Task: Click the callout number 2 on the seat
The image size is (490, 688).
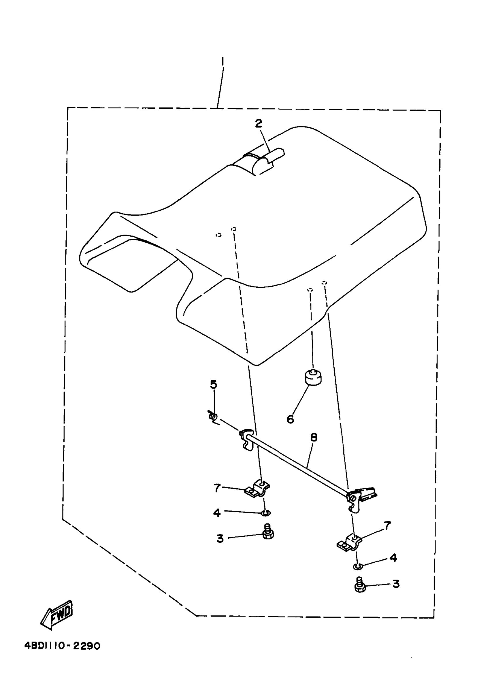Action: (x=258, y=123)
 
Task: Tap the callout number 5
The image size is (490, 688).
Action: (x=213, y=384)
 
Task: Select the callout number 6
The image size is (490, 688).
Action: (x=290, y=419)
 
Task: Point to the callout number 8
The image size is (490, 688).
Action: (x=314, y=437)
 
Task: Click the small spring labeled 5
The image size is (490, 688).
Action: (x=213, y=417)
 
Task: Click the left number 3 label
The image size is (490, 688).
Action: (x=220, y=538)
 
